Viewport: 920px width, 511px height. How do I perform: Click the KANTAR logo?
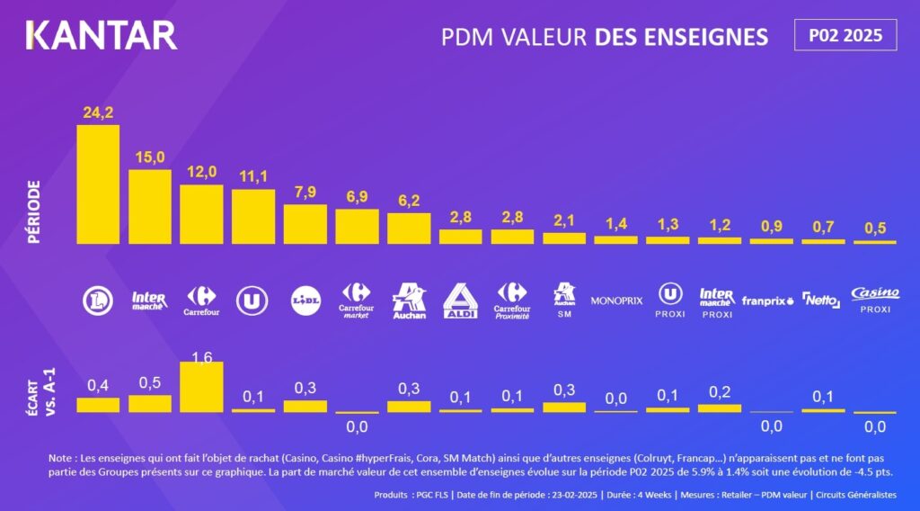[102, 35]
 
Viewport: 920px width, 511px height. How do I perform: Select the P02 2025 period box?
[845, 35]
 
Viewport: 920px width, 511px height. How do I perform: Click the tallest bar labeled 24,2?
[98, 184]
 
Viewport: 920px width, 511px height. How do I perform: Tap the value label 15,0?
[150, 157]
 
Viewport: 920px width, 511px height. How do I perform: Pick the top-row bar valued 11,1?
[253, 216]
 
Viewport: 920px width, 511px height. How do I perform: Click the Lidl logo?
[305, 300]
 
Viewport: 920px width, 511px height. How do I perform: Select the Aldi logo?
[461, 301]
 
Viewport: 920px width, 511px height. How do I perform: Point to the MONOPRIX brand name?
[616, 300]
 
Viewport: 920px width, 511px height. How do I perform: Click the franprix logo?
[768, 300]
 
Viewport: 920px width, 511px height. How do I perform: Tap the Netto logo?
[820, 300]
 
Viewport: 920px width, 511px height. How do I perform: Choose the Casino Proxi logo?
[875, 300]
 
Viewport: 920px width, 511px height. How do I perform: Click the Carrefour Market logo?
[357, 300]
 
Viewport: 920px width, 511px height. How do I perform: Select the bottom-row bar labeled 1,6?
[202, 387]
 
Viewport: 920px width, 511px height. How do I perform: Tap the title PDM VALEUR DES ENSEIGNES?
[605, 37]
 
